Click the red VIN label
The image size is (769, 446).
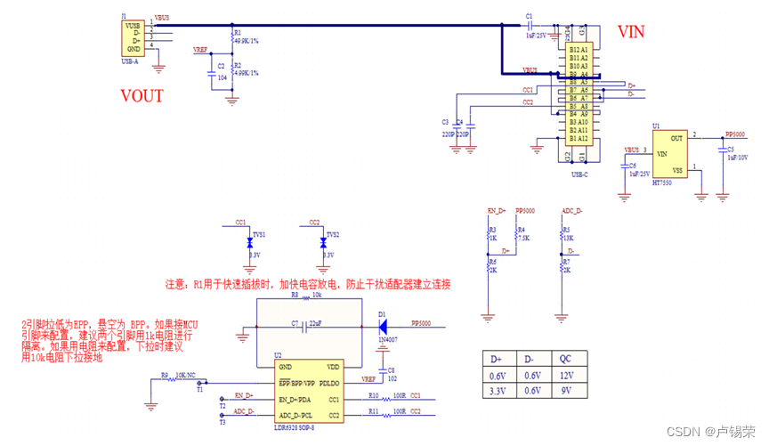[x=631, y=32]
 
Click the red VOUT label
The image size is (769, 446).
[x=142, y=96]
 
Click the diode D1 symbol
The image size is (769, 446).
[x=382, y=326]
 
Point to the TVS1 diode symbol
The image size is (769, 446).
[x=250, y=241]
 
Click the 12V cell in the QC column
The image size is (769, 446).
[x=565, y=375]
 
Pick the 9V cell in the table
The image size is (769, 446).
[x=565, y=391]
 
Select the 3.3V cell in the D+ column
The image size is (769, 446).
[x=498, y=391]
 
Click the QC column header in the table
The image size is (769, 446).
[x=565, y=359]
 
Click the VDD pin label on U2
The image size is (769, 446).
[x=332, y=367]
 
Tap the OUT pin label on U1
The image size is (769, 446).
[x=676, y=138]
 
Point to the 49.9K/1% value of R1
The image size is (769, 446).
[x=246, y=40]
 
